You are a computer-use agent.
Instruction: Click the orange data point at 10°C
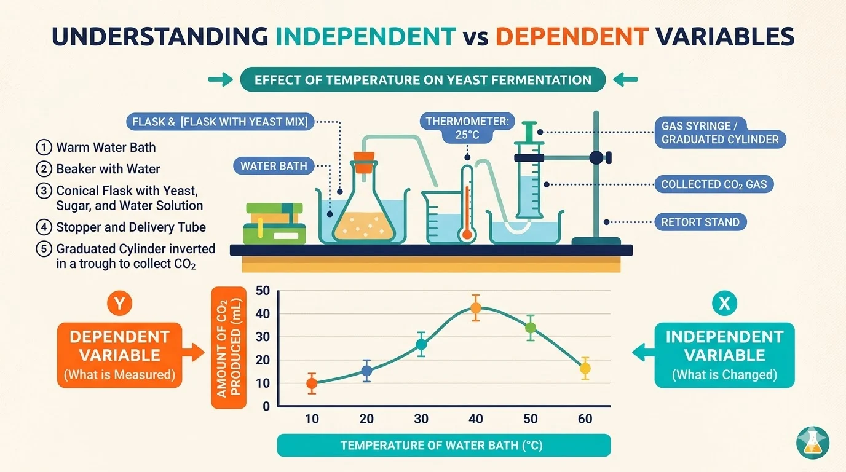tap(312, 383)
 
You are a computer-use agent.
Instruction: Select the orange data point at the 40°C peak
tap(475, 308)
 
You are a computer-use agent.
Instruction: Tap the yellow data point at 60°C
tap(585, 369)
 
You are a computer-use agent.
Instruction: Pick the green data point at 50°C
tap(530, 328)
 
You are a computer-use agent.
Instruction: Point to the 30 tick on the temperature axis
tap(421, 419)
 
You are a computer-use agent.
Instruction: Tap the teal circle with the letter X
tap(724, 303)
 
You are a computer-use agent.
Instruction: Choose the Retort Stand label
tap(700, 222)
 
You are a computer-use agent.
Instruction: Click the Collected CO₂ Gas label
tap(713, 184)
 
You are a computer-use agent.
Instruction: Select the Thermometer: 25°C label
tap(468, 128)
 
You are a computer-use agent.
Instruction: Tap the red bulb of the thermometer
tap(467, 234)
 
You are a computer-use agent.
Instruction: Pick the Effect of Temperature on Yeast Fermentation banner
tap(422, 79)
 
